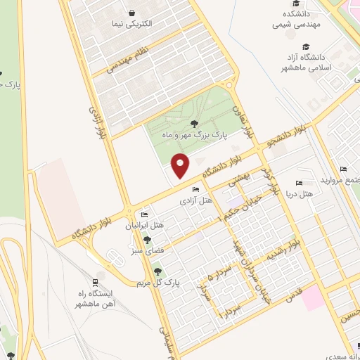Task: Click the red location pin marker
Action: (181, 165)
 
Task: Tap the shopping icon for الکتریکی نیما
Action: (131, 13)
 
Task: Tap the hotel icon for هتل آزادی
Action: (195, 189)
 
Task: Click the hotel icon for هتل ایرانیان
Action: (144, 214)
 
